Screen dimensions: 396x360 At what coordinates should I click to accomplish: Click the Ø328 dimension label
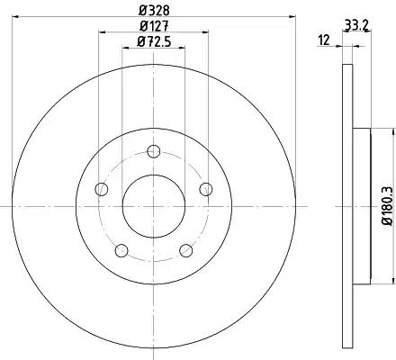tap(154, 11)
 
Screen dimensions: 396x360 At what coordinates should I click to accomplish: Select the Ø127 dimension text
tap(154, 26)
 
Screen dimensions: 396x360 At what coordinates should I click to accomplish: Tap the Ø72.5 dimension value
tap(154, 41)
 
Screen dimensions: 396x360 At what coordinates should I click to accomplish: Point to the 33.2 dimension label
tap(355, 24)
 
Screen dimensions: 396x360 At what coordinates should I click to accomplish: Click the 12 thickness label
tap(324, 40)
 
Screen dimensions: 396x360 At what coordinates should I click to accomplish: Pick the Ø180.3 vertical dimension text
tap(387, 205)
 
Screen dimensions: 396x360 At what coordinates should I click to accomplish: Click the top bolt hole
tap(154, 151)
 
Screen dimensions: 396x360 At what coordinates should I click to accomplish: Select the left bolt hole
tap(101, 189)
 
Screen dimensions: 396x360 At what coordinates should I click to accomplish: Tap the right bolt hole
tap(206, 189)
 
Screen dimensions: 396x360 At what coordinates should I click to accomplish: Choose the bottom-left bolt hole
tap(121, 251)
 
